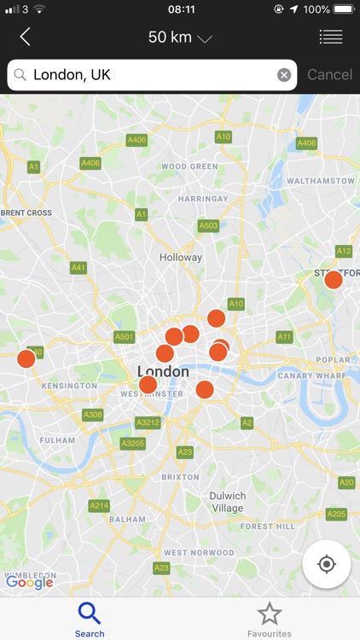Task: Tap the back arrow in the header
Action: (x=25, y=37)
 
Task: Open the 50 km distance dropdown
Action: (x=180, y=37)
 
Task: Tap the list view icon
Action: (x=330, y=37)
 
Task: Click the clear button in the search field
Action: (x=284, y=75)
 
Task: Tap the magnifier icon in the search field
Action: (x=20, y=75)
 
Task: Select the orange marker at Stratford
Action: (x=334, y=279)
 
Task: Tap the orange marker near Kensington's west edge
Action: (x=26, y=358)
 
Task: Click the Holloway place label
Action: (x=181, y=257)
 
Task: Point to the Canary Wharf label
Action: (x=314, y=375)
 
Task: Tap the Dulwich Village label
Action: (x=228, y=502)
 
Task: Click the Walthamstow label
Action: (x=320, y=181)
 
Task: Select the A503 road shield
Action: (x=208, y=225)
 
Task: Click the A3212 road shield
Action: (x=148, y=422)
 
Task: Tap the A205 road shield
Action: (x=337, y=514)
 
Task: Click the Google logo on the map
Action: (x=29, y=583)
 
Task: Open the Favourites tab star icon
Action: (x=270, y=613)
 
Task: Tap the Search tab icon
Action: (x=90, y=613)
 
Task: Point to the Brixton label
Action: (x=181, y=477)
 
